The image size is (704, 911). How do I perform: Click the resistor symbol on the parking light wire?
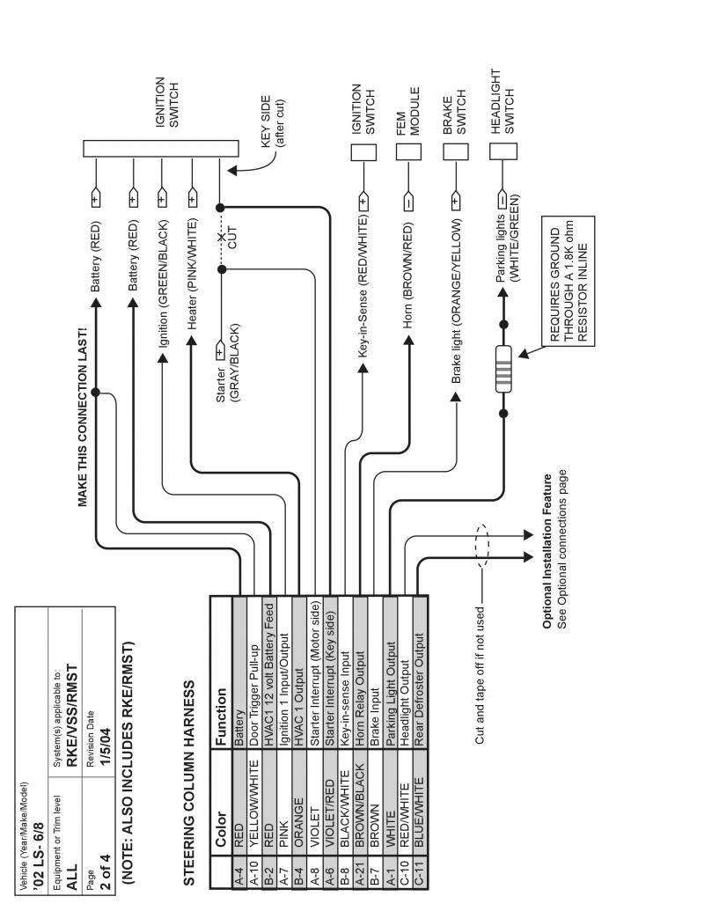(504, 368)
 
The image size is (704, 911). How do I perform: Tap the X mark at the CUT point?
(221, 236)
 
